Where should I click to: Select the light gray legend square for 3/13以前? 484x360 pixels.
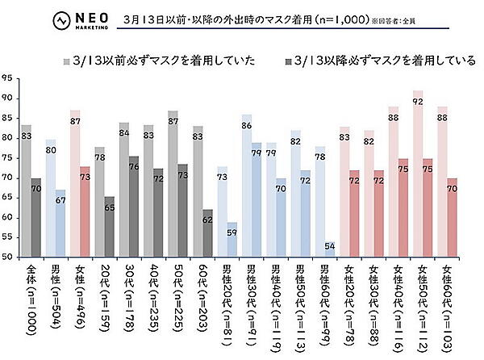tap(69, 61)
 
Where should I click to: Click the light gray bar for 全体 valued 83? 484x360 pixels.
tap(27, 194)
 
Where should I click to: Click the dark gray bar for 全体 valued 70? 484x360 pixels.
tap(37, 218)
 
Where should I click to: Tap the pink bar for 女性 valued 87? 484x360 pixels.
tap(75, 186)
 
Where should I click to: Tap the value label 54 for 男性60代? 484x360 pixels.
tap(331, 245)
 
